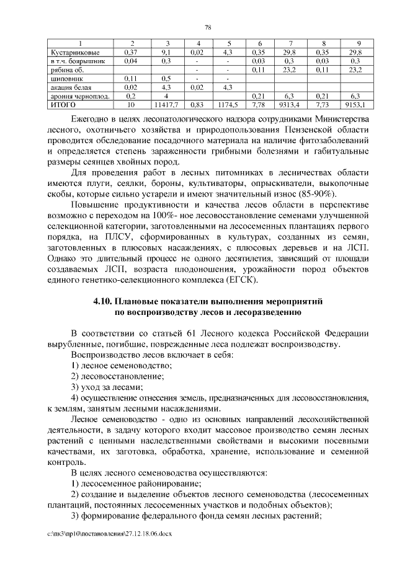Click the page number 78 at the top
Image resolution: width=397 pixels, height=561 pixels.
[208, 27]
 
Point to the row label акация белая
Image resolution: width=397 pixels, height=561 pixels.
[69, 87]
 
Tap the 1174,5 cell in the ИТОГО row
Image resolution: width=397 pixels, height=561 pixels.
[228, 105]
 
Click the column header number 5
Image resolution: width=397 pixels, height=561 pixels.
[228, 43]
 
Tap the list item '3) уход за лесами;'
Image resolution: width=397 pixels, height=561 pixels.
[102, 386]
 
